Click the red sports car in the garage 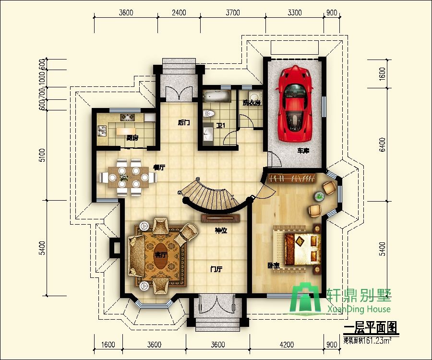point(294,104)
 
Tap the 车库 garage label point(302,151)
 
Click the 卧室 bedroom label point(274,265)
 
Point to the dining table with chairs point(127,177)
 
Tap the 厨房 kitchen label point(132,138)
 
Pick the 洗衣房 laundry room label point(251,102)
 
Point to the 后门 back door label point(184,123)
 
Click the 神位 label point(220,231)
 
